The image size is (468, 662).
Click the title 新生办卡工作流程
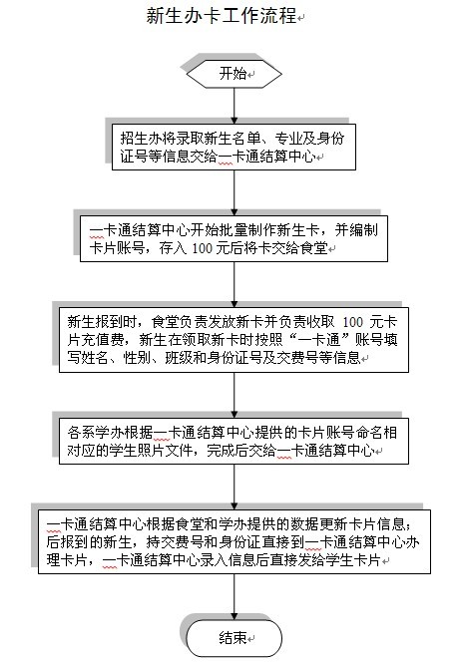222,16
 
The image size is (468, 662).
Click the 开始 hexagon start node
234,74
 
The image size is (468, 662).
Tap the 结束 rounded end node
234,637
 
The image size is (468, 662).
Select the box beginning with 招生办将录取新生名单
234,147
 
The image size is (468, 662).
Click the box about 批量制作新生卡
234,238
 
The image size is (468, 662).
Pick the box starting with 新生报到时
234,340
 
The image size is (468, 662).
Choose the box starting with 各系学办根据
234,442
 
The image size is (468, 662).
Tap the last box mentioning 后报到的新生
234,541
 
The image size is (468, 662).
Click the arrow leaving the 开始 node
234,106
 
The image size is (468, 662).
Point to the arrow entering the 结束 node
234,597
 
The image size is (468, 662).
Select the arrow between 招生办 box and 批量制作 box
234,193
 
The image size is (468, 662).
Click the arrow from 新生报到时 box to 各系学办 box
234,395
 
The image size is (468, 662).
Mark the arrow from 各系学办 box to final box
234,487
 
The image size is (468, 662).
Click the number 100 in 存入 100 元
202,248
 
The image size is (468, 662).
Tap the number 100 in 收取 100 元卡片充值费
352,322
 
